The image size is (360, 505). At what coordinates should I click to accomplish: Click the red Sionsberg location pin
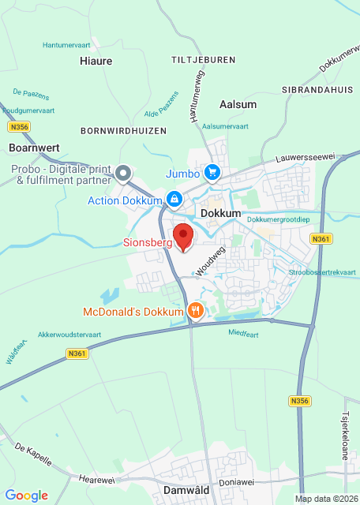coord(183,236)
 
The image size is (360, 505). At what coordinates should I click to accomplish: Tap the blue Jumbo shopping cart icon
coord(212,172)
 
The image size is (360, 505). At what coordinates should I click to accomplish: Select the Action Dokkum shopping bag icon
coord(173,200)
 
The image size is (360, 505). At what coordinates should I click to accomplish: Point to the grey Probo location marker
coord(122,173)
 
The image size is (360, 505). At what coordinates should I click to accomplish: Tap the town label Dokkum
coord(220,214)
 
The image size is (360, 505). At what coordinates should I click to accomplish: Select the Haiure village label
coord(96,61)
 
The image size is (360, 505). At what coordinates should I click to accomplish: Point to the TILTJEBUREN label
coord(203,60)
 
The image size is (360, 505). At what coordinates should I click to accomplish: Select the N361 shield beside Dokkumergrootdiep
coord(320,239)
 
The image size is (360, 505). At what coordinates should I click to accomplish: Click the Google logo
coord(27,495)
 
